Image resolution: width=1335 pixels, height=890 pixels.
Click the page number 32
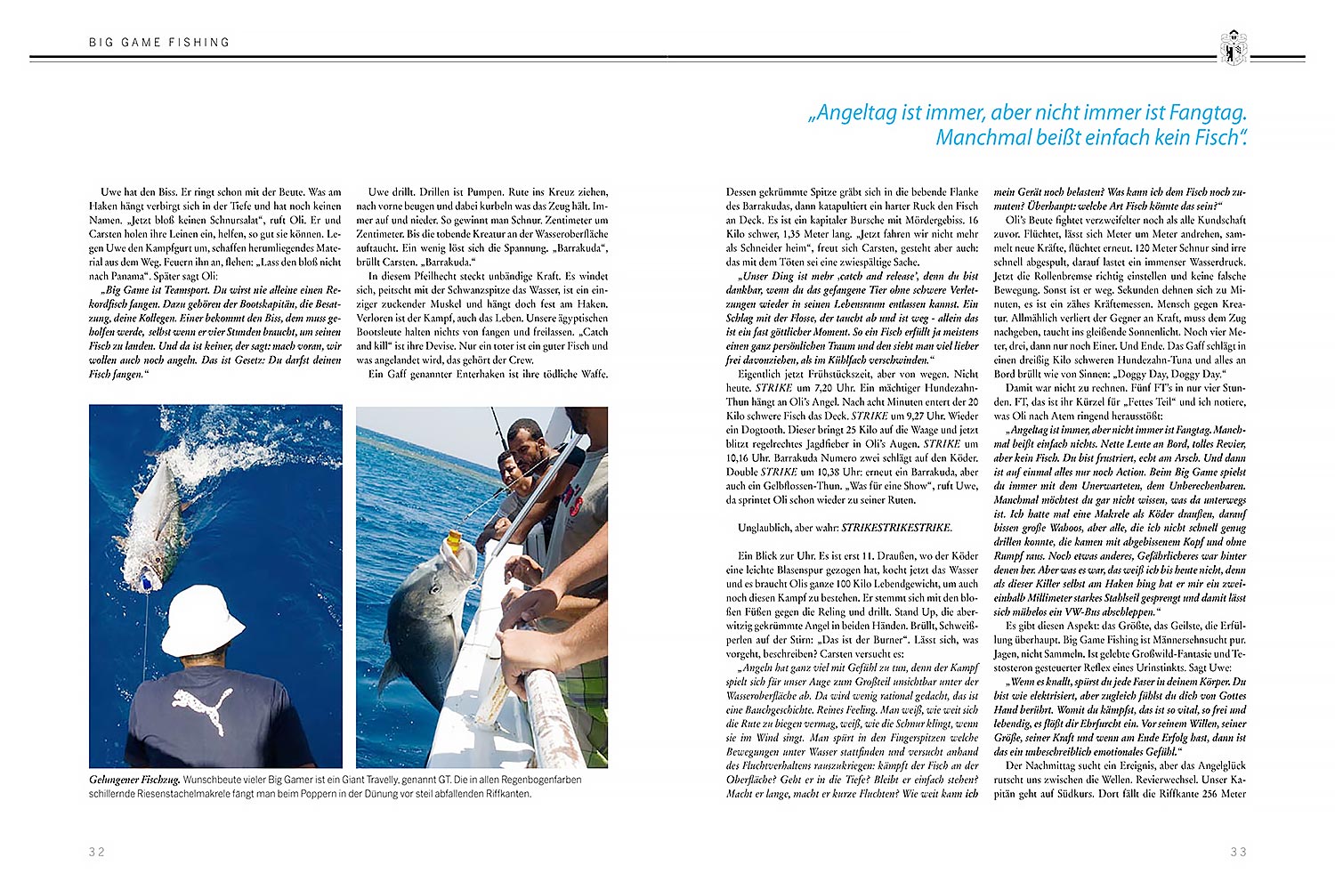click(x=97, y=852)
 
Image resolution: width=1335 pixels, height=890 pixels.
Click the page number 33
click(x=1238, y=852)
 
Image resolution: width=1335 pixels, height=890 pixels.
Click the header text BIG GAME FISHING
click(x=159, y=42)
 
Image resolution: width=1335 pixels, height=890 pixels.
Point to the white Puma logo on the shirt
click(x=204, y=707)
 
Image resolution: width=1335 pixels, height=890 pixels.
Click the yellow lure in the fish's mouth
click(x=453, y=540)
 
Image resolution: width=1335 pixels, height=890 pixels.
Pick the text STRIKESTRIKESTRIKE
click(x=896, y=528)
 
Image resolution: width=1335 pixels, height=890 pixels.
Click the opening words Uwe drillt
click(x=390, y=191)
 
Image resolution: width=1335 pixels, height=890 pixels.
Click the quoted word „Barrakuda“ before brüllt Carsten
click(x=575, y=247)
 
